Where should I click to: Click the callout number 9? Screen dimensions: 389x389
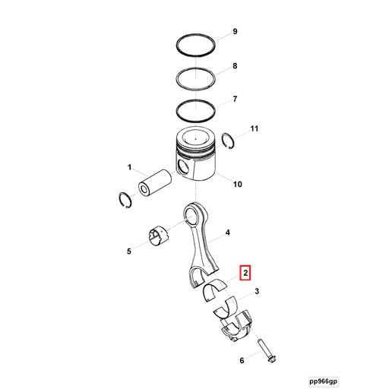tap(235, 31)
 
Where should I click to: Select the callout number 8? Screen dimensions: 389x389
tap(235, 66)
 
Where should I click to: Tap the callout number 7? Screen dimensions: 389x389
tap(235, 99)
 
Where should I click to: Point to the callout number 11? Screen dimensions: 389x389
tap(255, 129)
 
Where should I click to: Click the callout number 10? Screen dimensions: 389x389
tap(237, 184)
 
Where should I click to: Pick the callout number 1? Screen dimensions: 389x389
tap(129, 167)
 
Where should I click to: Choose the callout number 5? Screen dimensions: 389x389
tap(129, 251)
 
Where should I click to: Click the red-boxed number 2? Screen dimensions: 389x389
tap(245, 272)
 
